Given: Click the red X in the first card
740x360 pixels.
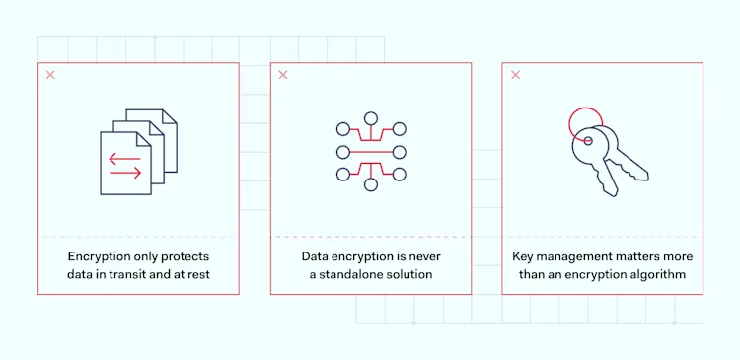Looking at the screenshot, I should point(50,75).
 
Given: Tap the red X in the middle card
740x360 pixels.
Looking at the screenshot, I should point(283,75).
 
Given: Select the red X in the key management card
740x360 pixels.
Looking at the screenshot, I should point(515,75).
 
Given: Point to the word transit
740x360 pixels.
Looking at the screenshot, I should point(142,273).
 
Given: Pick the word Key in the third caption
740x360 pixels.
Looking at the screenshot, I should point(524,255).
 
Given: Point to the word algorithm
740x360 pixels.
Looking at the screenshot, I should point(657,273).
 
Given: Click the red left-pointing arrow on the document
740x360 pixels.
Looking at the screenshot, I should point(123,157).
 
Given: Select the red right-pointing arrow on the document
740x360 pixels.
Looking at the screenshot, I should point(124,173).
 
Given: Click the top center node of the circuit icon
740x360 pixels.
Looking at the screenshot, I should point(371,119).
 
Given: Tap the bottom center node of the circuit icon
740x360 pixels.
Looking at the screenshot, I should point(371,185).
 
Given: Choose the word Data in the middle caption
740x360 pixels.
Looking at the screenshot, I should point(316,255).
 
